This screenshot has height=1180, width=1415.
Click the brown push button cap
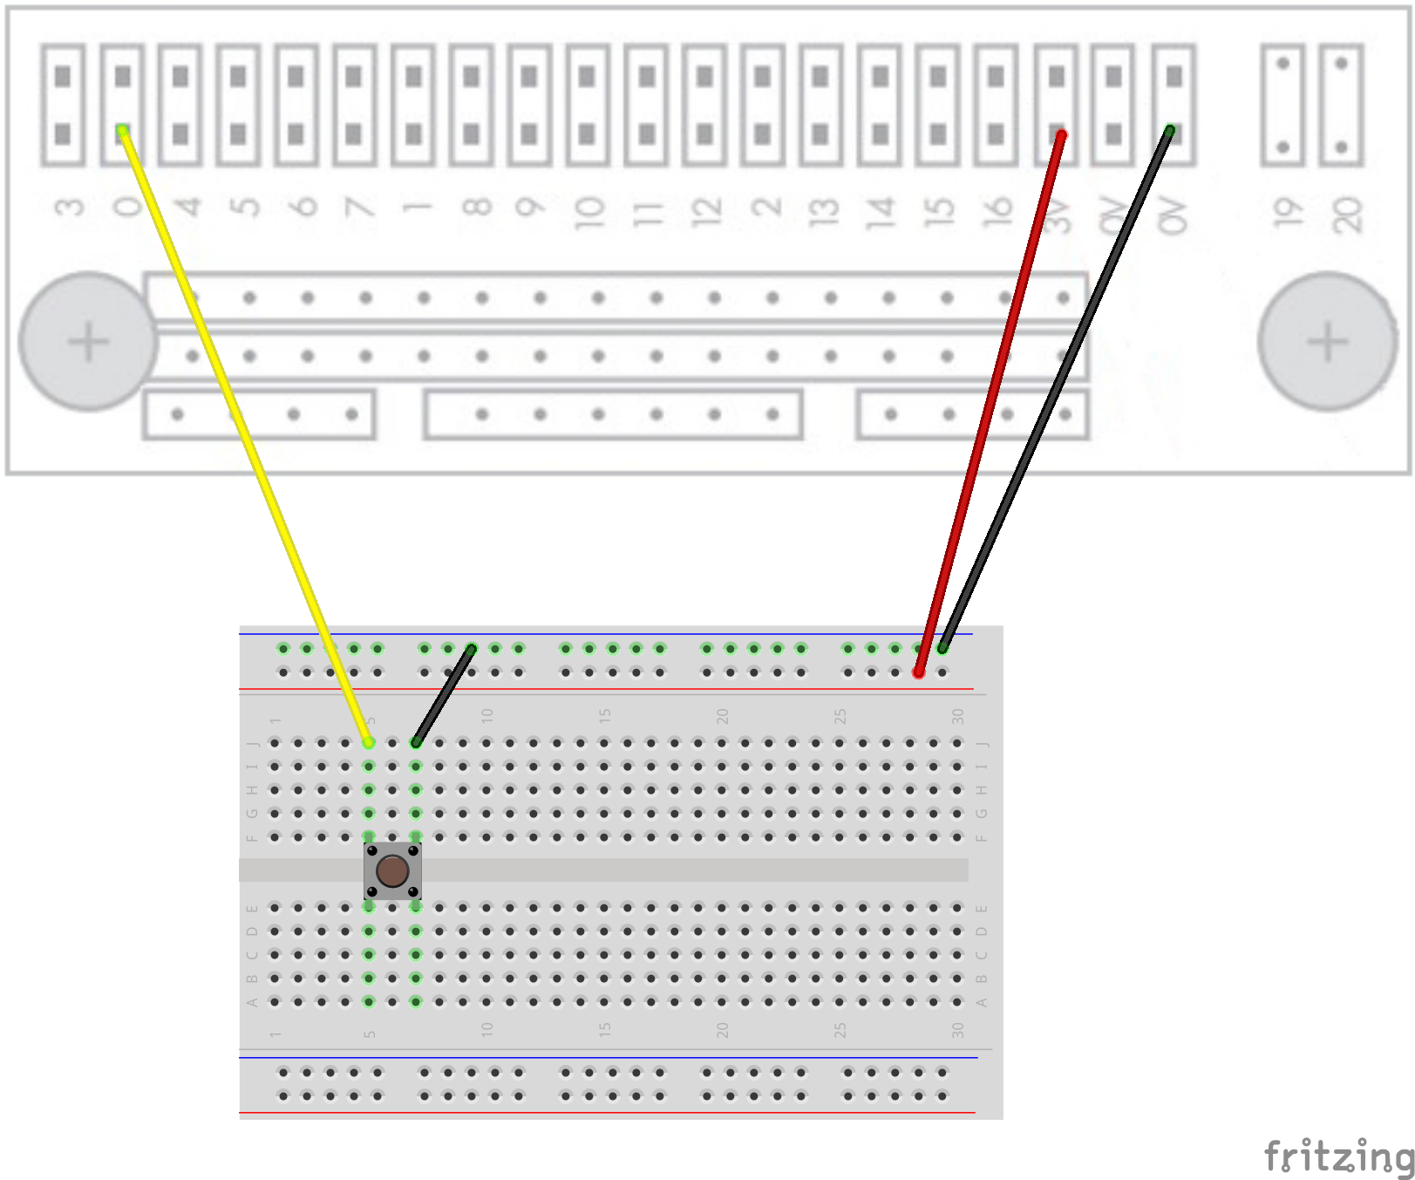tap(392, 870)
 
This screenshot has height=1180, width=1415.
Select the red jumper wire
tap(990, 401)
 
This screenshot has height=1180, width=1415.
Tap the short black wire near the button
tap(444, 695)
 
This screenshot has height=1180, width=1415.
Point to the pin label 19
tap(1284, 211)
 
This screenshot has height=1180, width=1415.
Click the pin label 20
tap(1345, 214)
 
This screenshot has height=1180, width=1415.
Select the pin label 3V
tap(1056, 215)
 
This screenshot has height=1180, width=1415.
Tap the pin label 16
tap(997, 211)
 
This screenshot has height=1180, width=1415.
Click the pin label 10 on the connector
tap(588, 212)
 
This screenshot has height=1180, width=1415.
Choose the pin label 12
tap(705, 212)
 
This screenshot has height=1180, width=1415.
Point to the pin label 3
tap(69, 208)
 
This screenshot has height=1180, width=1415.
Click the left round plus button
tap(88, 341)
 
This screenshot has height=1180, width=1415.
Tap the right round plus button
tap(1327, 341)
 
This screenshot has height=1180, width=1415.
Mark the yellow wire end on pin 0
tap(123, 131)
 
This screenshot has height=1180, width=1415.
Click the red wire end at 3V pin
tap(1060, 135)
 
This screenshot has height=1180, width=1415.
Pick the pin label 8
tap(476, 208)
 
